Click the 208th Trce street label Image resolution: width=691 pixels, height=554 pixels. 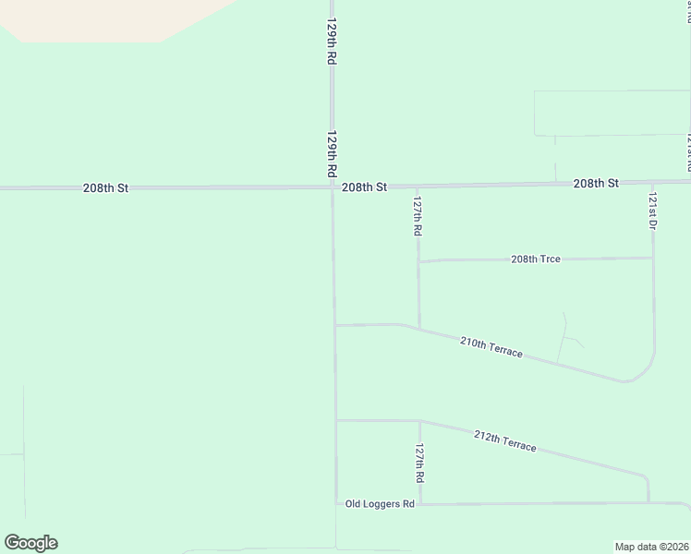click(536, 259)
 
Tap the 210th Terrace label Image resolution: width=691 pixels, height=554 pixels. click(491, 348)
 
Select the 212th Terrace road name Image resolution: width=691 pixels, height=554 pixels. click(504, 440)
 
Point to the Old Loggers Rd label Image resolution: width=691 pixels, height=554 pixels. click(379, 503)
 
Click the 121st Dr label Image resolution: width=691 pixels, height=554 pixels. click(651, 212)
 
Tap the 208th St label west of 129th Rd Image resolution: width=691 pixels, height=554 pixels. click(105, 187)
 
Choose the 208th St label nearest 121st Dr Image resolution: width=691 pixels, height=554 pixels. click(595, 184)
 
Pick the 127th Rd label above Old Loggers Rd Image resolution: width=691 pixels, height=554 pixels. click(419, 464)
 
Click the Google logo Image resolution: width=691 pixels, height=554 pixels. click(30, 543)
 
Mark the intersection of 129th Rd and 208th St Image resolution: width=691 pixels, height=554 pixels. click(333, 187)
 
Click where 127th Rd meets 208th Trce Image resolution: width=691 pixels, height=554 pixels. click(418, 261)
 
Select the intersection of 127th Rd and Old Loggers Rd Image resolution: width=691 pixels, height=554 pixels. click(420, 504)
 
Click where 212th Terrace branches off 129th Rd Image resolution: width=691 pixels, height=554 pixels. click(335, 421)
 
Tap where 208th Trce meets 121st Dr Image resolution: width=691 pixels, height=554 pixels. click(653, 258)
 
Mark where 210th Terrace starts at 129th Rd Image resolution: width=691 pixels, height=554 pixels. click(334, 325)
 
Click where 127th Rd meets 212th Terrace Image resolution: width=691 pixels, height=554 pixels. click(420, 422)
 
